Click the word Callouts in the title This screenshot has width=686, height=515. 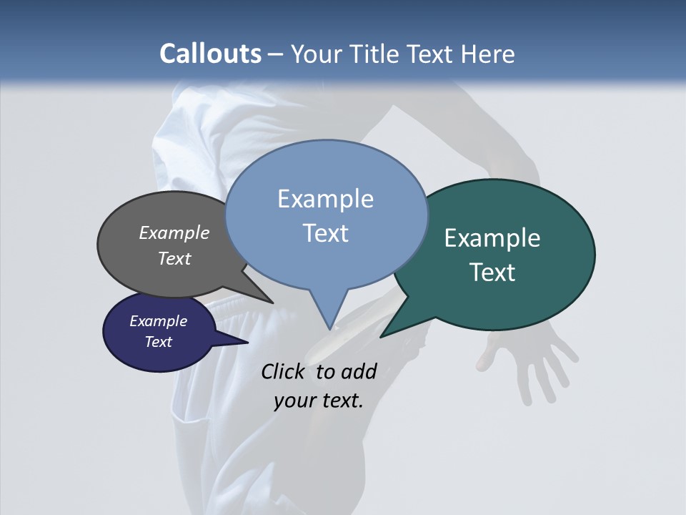210,54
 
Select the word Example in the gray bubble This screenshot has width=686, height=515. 174,232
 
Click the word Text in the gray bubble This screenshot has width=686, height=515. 174,258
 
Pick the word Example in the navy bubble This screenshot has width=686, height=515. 158,321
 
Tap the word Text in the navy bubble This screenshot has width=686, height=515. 158,342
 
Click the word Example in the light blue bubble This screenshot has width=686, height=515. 325,199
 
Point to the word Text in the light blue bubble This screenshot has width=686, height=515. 325,233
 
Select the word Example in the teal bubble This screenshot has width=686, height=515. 492,238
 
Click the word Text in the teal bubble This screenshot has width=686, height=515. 492,273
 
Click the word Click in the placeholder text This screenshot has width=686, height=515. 284,371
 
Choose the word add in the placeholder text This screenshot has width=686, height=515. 359,371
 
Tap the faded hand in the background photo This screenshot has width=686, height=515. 532,361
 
